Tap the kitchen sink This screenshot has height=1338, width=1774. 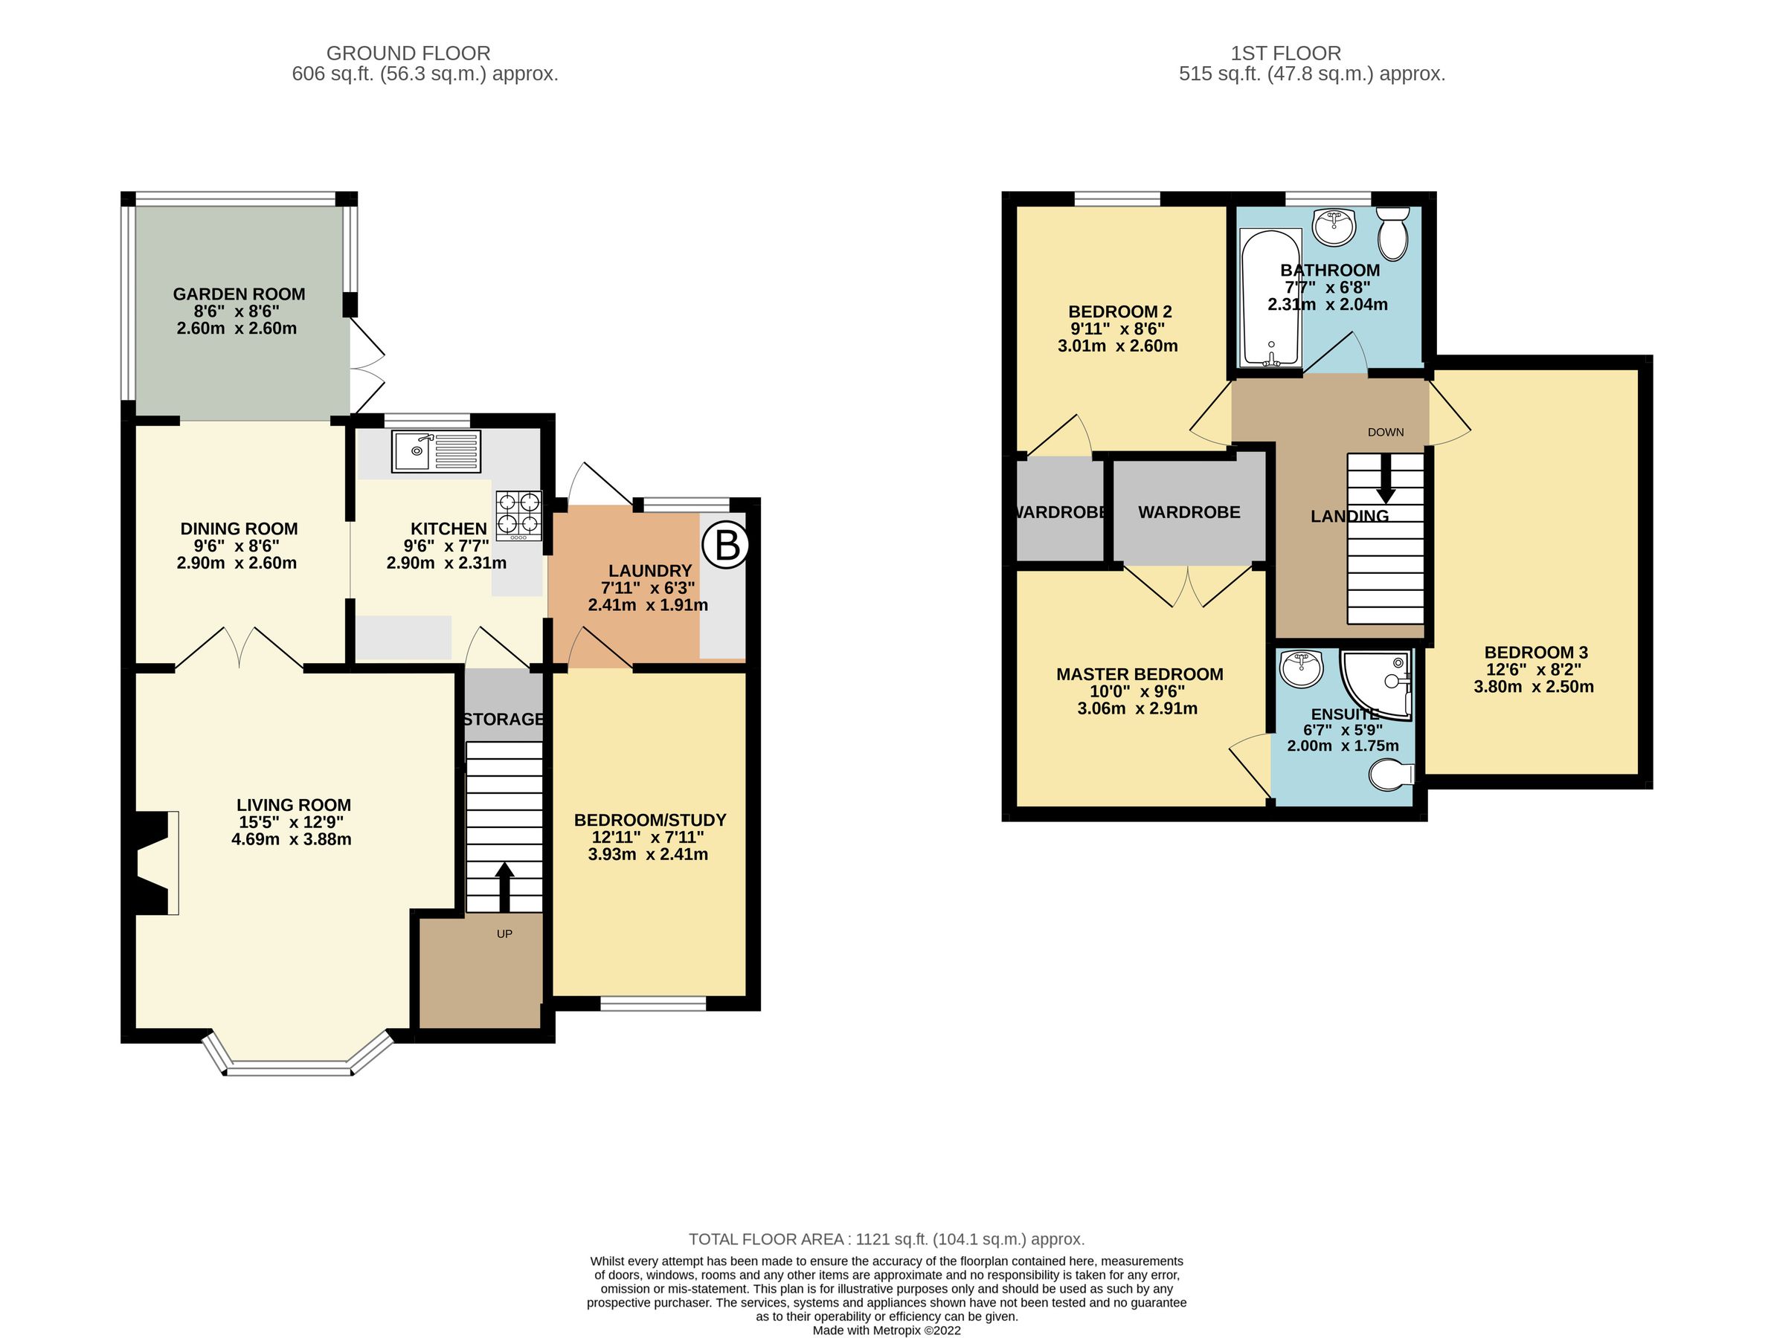[x=437, y=451]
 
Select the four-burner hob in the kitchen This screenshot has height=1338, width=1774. [x=519, y=514]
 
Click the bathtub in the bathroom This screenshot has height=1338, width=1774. [x=1270, y=298]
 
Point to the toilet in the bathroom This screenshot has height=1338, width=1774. [x=1393, y=234]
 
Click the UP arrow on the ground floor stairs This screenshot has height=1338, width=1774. [x=504, y=886]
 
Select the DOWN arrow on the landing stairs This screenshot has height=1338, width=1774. [x=1385, y=483]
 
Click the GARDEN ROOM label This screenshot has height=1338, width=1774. [x=239, y=294]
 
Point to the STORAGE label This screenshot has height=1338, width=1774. [x=504, y=719]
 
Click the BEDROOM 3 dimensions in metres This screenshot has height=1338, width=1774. [x=1534, y=687]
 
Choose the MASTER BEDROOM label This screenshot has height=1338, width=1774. [x=1140, y=674]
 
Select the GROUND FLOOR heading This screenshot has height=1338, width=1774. [x=408, y=54]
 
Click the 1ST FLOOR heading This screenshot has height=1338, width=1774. [x=1285, y=54]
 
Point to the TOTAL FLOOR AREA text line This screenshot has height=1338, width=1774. [x=886, y=1239]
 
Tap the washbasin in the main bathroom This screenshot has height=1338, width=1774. [x=1335, y=227]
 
